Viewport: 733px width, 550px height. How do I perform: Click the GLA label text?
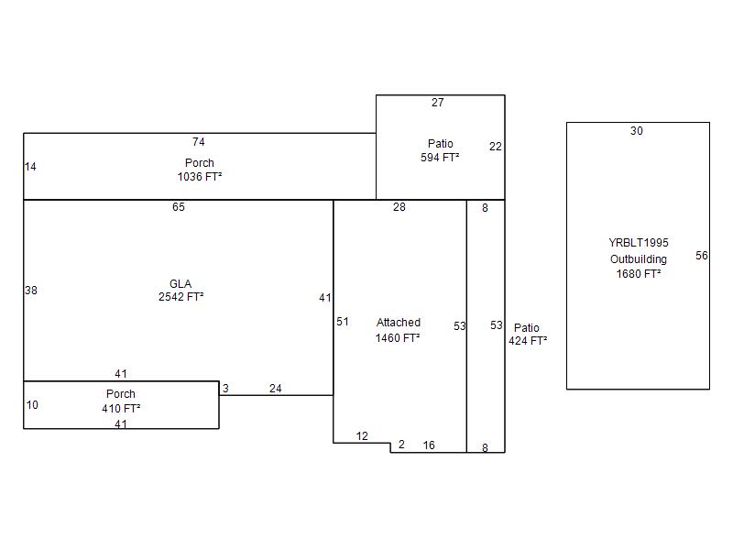click(x=181, y=284)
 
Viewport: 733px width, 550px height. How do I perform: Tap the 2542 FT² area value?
click(x=181, y=297)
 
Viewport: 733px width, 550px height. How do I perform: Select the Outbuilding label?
click(x=638, y=259)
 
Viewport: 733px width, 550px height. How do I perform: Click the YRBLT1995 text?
click(x=638, y=243)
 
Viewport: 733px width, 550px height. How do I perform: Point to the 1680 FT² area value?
click(x=638, y=274)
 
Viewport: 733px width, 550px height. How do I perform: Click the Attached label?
click(x=399, y=323)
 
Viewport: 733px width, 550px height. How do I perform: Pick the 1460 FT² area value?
click(x=398, y=337)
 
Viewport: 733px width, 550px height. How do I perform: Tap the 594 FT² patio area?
click(x=440, y=158)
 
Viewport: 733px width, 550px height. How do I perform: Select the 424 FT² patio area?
click(x=528, y=341)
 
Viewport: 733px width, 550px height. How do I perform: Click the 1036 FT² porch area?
click(x=200, y=177)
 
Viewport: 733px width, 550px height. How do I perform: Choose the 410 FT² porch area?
click(x=121, y=408)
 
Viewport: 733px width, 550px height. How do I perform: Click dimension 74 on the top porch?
click(x=198, y=142)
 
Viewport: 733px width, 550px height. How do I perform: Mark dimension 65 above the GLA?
click(x=179, y=207)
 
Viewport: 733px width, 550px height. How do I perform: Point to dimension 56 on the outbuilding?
click(x=702, y=256)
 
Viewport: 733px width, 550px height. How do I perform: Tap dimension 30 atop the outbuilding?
click(x=636, y=131)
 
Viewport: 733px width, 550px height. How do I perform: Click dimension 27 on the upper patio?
click(x=438, y=103)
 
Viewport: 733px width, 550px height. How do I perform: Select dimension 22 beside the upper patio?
click(x=496, y=147)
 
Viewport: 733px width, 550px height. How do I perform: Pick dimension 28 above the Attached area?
click(x=399, y=207)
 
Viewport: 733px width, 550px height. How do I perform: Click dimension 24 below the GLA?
click(x=276, y=388)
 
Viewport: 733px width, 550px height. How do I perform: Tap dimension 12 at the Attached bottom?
click(x=362, y=436)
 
